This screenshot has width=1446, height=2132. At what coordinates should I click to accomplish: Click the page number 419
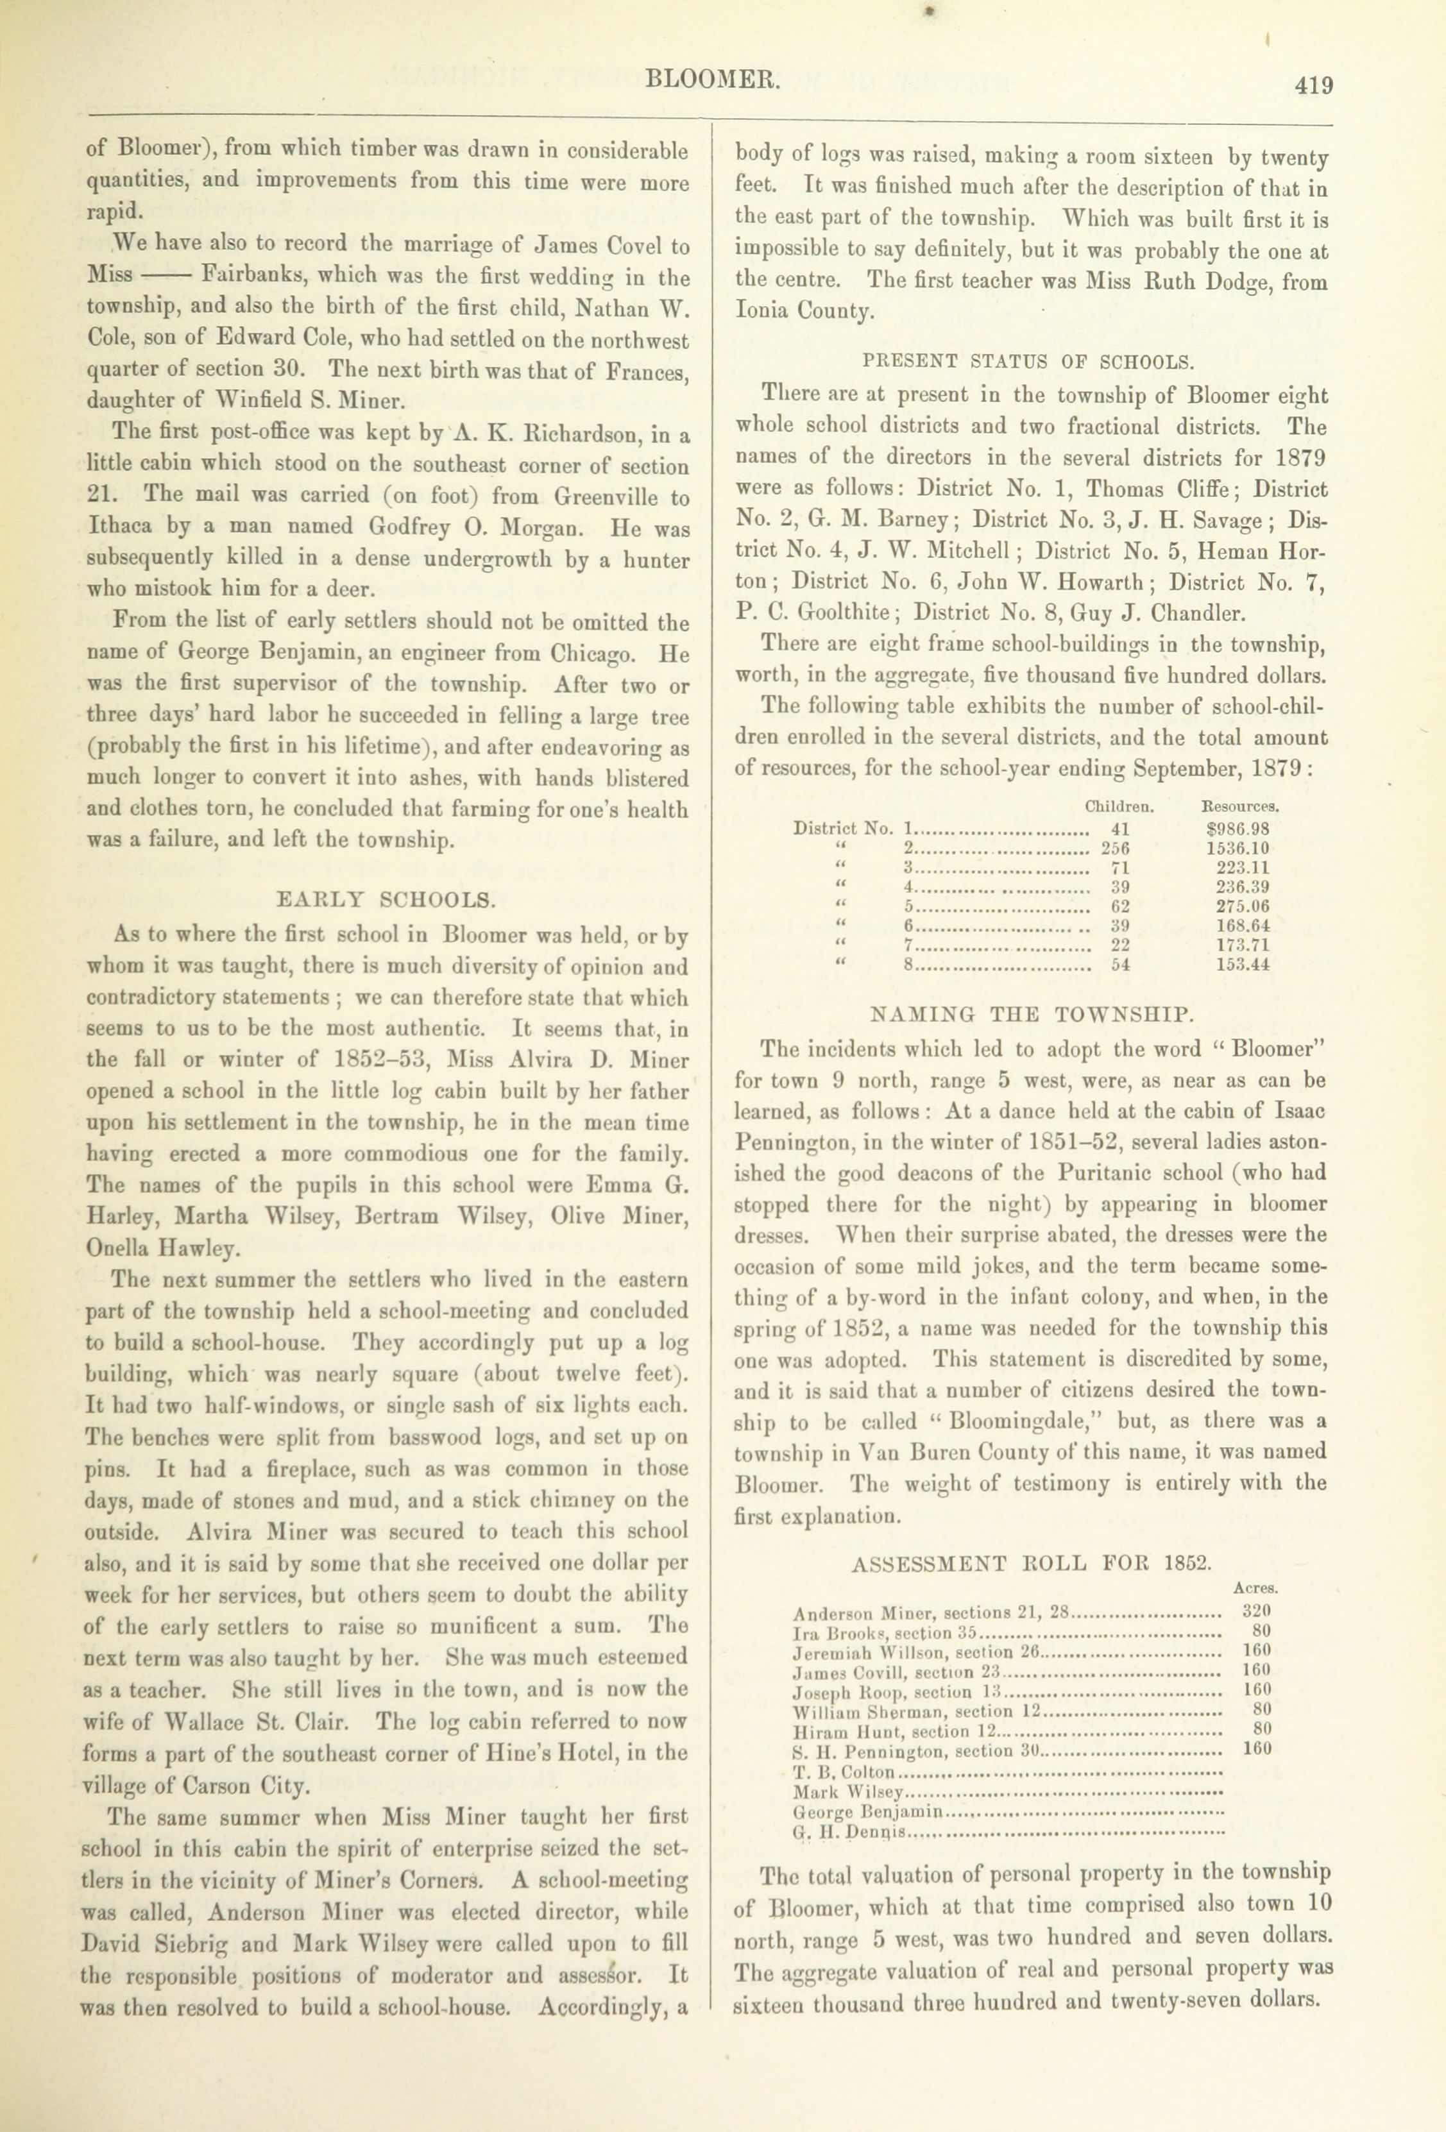pos(1313,85)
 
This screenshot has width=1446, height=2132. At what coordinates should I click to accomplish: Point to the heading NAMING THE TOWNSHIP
pos(1032,1015)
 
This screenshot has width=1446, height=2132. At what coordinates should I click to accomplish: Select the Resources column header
pos(1241,808)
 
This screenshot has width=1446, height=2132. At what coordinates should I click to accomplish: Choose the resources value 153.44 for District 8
pos(1243,965)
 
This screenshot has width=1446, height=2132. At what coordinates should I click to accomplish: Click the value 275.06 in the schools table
pos(1243,906)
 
